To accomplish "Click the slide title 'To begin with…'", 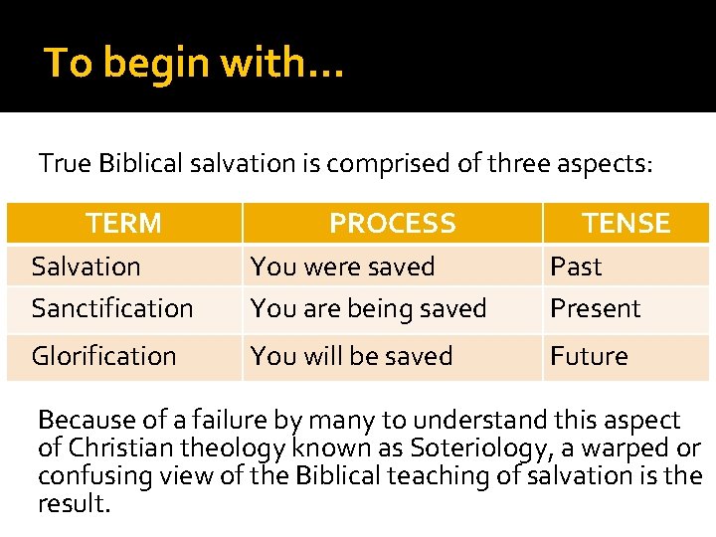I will point(194,63).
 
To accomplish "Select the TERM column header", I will point(123,223).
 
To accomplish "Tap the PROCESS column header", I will point(392,223).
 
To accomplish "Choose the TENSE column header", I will point(626,223).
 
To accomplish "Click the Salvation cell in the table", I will point(86,267).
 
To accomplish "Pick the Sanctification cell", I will point(112,308).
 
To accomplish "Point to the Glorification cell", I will point(103,356).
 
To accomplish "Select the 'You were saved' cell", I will point(342,267).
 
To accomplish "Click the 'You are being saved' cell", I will point(368,308).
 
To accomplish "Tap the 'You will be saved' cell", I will point(351,356).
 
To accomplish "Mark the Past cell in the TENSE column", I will point(576,267).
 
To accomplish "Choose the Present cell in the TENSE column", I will point(596,308).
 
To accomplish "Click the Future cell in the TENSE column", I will point(589,356).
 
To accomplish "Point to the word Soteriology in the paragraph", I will point(471,448).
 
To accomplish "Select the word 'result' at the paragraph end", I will point(72,503).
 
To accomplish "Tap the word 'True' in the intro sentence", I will point(65,163).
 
